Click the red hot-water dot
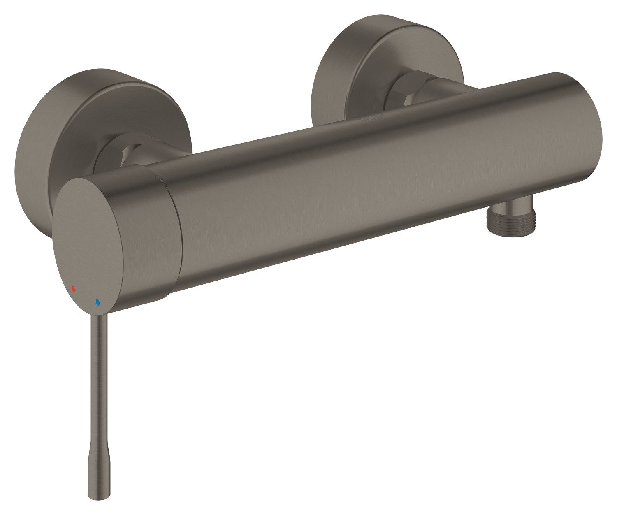pos(74,289)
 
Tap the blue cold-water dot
pos(97,302)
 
